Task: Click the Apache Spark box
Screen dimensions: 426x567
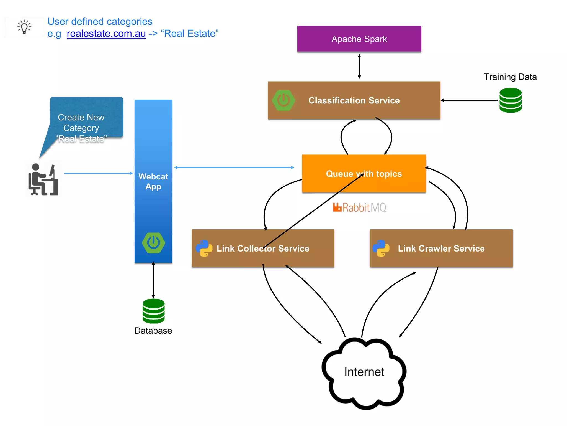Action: (x=359, y=39)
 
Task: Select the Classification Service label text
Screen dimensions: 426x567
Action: (x=354, y=100)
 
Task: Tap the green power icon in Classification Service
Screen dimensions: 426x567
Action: (x=283, y=100)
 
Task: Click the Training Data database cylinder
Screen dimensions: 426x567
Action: (x=510, y=100)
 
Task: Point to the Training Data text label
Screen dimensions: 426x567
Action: (x=510, y=77)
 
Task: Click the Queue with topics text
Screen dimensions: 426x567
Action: (x=364, y=174)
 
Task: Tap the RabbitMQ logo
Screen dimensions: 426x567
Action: (x=359, y=207)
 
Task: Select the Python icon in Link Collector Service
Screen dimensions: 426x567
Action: (x=204, y=248)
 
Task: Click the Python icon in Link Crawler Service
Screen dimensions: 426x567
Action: (x=381, y=248)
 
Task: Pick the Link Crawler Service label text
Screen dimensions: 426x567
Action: (x=441, y=248)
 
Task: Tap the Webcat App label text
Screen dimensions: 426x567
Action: (x=153, y=181)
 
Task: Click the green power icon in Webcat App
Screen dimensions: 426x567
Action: (x=153, y=243)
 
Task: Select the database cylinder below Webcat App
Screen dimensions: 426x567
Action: (x=153, y=311)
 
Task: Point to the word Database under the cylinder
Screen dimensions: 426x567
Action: (x=153, y=331)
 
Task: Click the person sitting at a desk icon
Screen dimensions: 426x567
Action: (x=43, y=180)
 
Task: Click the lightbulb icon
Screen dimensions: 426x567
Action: (x=24, y=27)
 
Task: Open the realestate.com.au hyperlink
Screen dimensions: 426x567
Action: (x=106, y=34)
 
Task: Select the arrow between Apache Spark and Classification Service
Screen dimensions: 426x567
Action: (x=359, y=67)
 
